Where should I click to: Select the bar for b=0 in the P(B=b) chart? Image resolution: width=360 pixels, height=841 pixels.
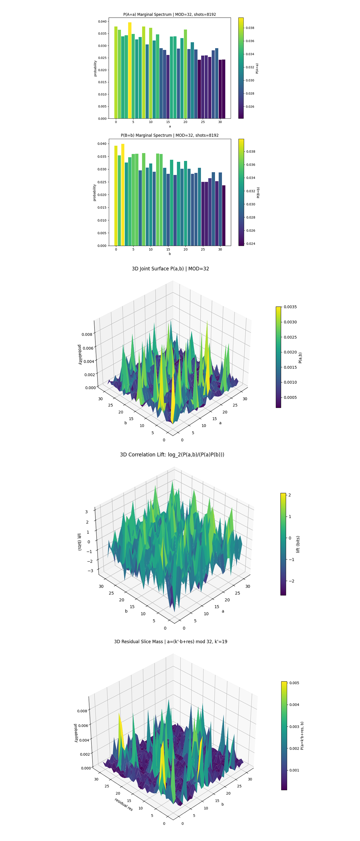(116, 196)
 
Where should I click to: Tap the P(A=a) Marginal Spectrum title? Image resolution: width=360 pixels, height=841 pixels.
(169, 14)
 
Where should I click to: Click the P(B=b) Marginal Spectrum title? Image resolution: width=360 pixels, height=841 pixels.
(169, 135)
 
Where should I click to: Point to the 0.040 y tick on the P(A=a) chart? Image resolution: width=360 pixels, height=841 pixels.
(102, 22)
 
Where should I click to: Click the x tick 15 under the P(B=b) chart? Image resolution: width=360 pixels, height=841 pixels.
(168, 249)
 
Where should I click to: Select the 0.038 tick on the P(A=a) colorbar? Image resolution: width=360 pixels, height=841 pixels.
(250, 28)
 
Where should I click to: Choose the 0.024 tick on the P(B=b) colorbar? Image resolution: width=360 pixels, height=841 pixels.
(251, 244)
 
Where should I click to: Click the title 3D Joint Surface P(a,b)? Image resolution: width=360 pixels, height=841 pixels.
(170, 269)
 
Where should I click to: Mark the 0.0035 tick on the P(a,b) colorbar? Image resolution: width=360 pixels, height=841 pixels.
(290, 307)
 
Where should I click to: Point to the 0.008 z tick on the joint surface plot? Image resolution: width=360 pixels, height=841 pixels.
(87, 334)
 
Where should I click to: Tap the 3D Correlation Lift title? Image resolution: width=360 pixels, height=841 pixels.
(172, 454)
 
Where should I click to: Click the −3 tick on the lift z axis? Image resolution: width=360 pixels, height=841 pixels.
(90, 571)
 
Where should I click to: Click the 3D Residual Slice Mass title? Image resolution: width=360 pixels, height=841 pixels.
(170, 641)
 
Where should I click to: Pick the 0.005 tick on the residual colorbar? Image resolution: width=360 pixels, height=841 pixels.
(294, 683)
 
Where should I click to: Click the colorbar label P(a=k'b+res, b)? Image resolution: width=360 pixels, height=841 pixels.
(302, 736)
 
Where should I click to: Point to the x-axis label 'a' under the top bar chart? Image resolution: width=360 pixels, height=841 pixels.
(170, 126)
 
